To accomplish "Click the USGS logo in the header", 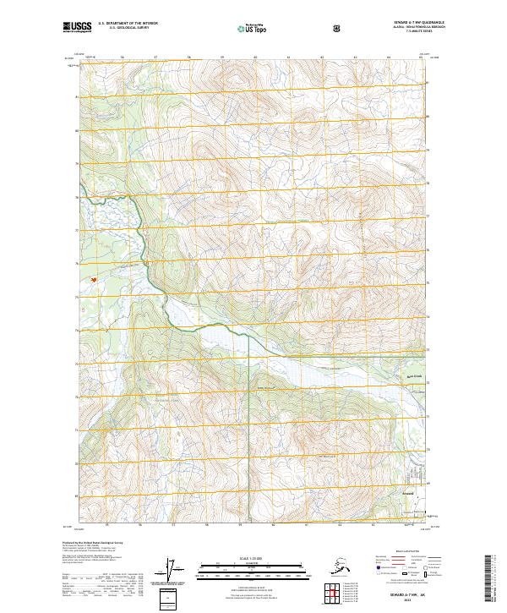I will [x=76, y=28].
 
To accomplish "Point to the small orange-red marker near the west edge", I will [x=94, y=280].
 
